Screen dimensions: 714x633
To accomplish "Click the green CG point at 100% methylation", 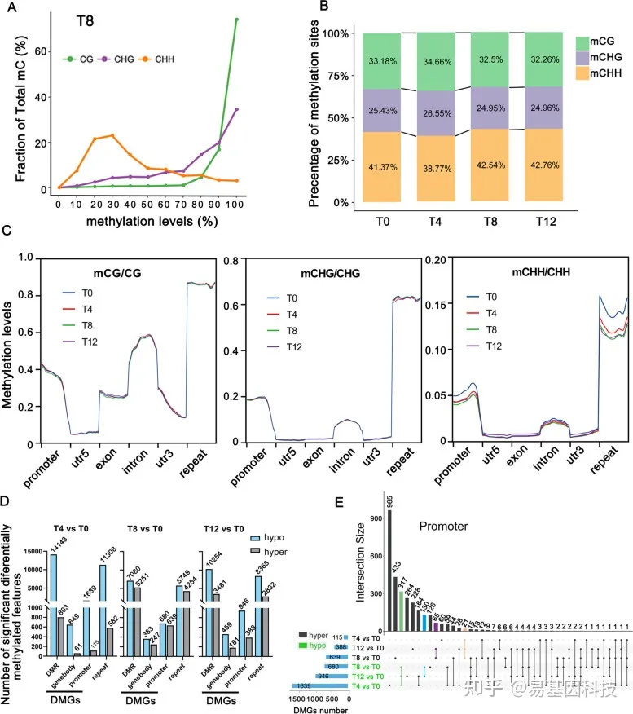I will pyautogui.click(x=236, y=20).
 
